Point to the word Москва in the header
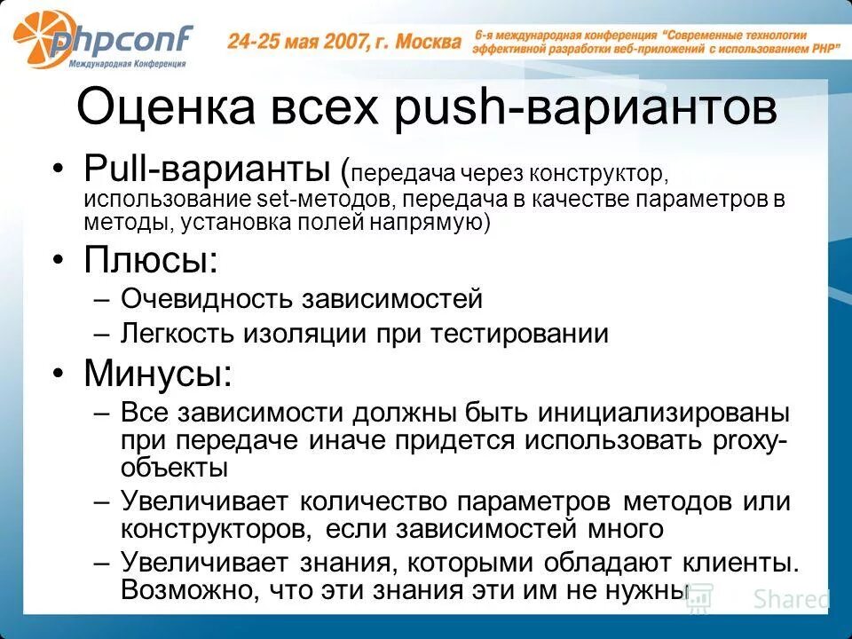[429, 41]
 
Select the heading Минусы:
[158, 373]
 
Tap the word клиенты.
[732, 563]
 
